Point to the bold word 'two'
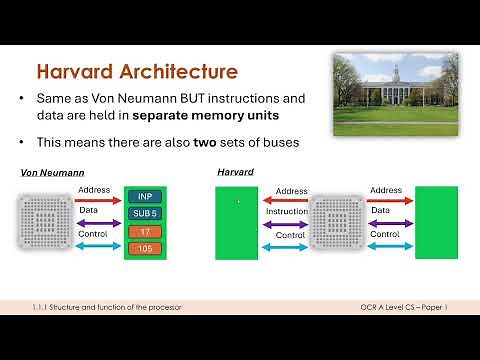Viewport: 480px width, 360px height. point(226,143)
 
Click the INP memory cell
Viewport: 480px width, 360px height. point(145,196)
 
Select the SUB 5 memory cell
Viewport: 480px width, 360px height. point(145,213)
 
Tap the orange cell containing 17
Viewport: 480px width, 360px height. point(145,231)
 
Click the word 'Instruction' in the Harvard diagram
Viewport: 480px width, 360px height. point(286,211)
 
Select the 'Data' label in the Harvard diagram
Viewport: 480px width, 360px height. point(380,211)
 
